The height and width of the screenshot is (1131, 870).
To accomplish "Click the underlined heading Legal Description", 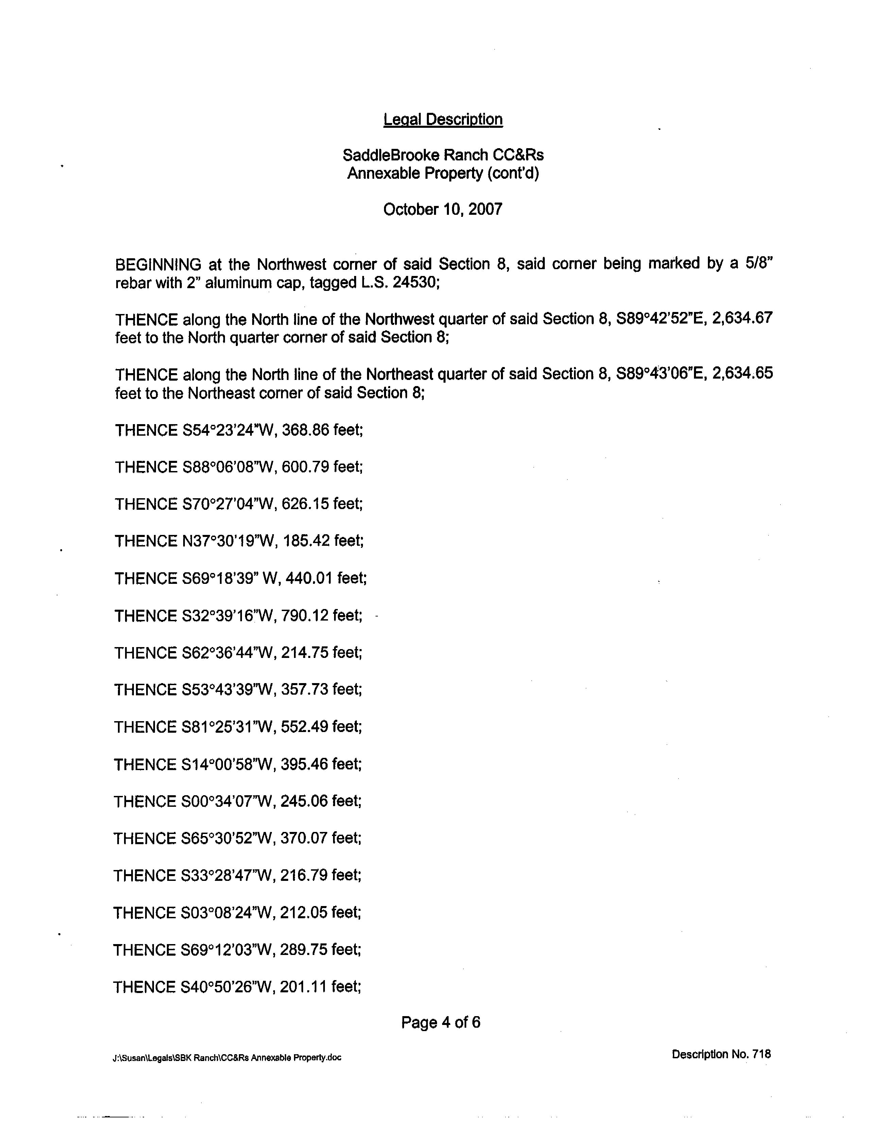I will [443, 120].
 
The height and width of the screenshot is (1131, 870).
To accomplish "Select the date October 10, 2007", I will [443, 209].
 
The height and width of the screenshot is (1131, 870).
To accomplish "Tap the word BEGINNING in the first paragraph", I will [158, 265].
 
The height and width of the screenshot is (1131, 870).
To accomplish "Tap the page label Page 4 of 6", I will [441, 1022].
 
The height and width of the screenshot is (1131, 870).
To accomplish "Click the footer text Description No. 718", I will [721, 1054].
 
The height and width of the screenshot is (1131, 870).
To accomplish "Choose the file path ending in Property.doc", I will [227, 1058].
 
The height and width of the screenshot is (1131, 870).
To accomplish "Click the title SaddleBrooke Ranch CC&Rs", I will [443, 155].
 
